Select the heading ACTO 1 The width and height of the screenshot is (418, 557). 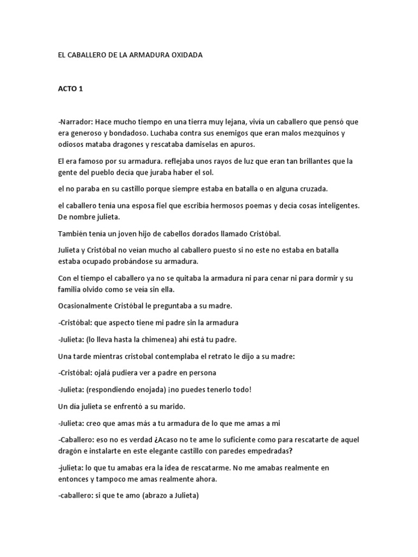[70, 89]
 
